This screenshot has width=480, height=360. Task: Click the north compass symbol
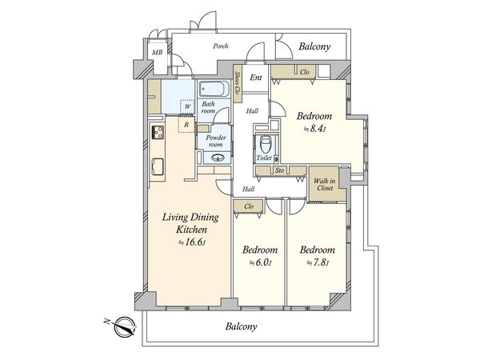pyautogui.click(x=125, y=327)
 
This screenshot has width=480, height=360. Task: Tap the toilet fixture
pyautogui.click(x=265, y=145)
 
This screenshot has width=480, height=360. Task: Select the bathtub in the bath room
pyautogui.click(x=214, y=89)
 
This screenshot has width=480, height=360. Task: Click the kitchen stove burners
pyautogui.click(x=158, y=133)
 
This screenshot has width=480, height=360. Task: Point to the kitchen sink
pyautogui.click(x=158, y=167)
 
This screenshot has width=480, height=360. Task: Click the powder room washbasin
pyautogui.click(x=218, y=158)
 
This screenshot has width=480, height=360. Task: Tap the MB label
pyautogui.click(x=158, y=53)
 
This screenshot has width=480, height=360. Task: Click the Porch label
pyautogui.click(x=221, y=46)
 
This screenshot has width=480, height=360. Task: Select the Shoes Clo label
pyautogui.click(x=237, y=82)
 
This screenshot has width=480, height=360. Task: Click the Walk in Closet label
pyautogui.click(x=325, y=184)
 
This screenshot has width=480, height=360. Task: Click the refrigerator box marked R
pyautogui.click(x=186, y=124)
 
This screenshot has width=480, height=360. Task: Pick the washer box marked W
pyautogui.click(x=188, y=107)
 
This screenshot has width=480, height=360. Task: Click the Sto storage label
pyautogui.click(x=279, y=170)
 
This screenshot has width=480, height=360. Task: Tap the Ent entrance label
pyautogui.click(x=256, y=78)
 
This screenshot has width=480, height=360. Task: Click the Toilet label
pyautogui.click(x=264, y=158)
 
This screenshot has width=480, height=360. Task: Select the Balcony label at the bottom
pyautogui.click(x=242, y=326)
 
